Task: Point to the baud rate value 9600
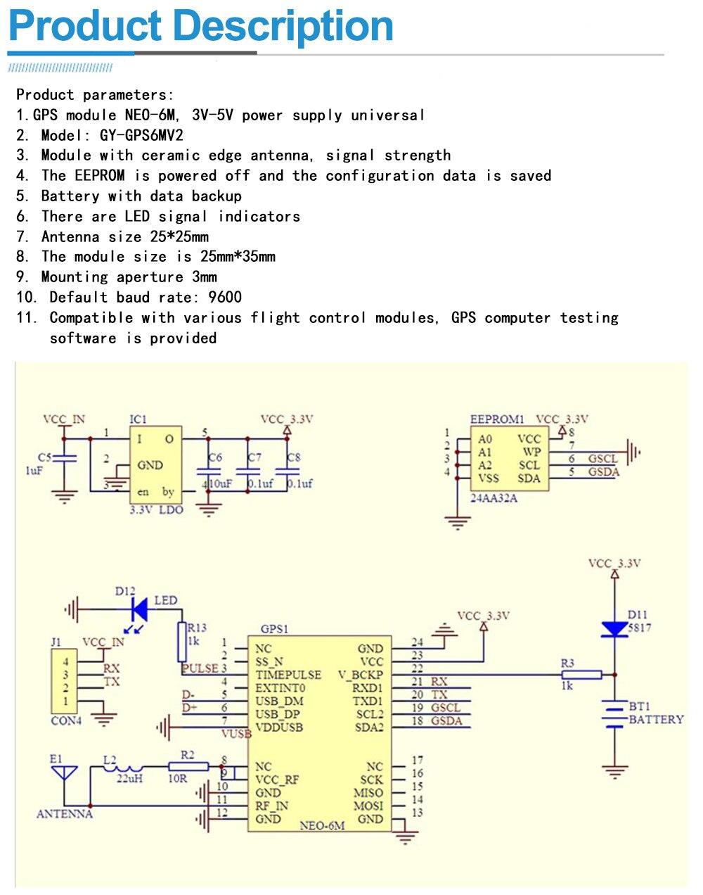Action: click(225, 297)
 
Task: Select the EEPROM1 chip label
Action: click(497, 419)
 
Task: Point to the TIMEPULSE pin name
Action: click(288, 675)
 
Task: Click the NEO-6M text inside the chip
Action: click(322, 825)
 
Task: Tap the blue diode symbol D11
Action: click(614, 628)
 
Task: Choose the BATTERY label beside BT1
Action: click(655, 719)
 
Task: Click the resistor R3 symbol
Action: click(582, 675)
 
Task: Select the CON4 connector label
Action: click(66, 721)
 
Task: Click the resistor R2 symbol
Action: click(188, 766)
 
